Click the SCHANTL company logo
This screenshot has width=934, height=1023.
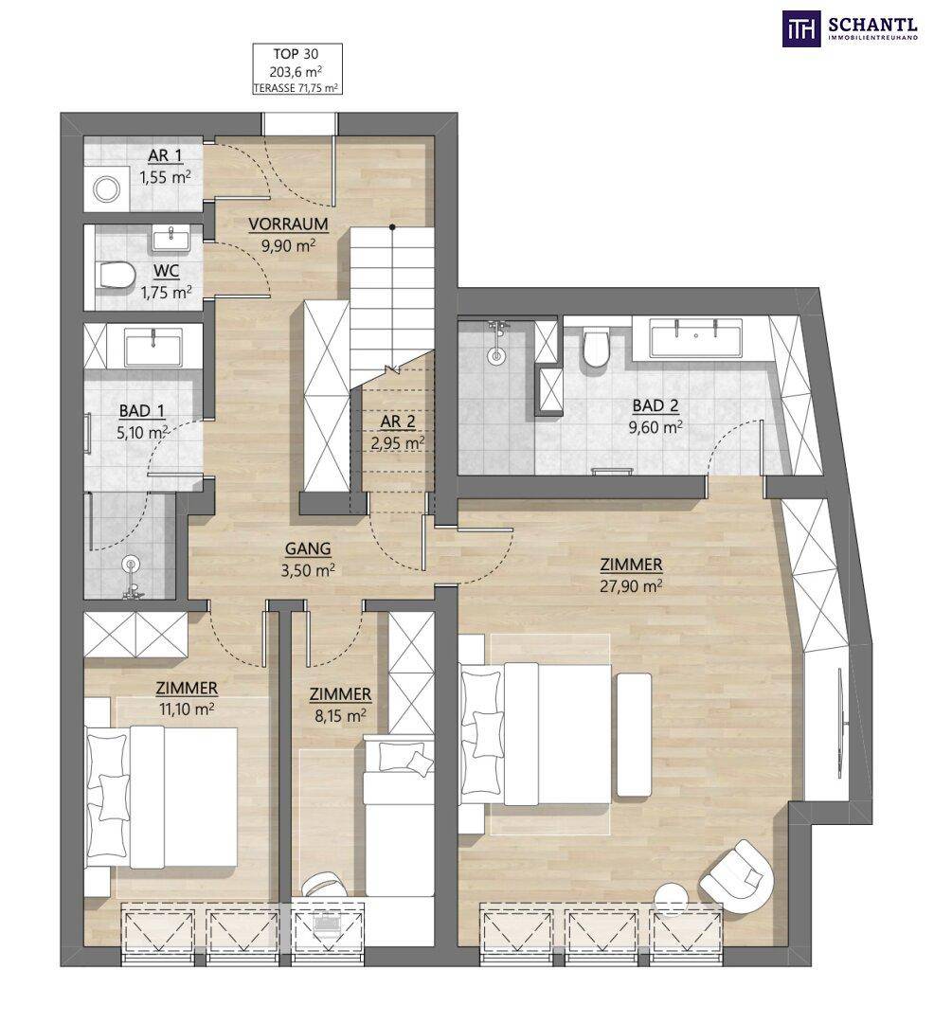tap(850, 29)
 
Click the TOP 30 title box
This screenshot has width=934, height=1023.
tap(297, 69)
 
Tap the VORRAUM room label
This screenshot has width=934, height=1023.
tap(288, 224)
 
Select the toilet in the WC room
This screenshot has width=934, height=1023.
tap(117, 275)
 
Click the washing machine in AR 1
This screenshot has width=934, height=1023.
tap(106, 189)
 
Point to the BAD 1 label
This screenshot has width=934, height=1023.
tap(141, 410)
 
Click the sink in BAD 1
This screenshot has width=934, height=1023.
tap(153, 346)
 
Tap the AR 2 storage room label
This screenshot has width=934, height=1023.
tap(397, 422)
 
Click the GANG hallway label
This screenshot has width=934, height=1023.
tap(307, 548)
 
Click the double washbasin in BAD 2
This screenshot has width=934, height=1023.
tap(696, 338)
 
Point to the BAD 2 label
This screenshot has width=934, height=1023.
tap(656, 405)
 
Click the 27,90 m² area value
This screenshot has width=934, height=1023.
tap(631, 586)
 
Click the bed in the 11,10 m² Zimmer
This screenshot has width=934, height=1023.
tap(161, 797)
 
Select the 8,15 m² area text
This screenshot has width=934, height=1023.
tap(340, 716)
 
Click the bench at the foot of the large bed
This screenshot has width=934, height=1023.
tap(634, 735)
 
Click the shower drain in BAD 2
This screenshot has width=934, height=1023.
tap(498, 356)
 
